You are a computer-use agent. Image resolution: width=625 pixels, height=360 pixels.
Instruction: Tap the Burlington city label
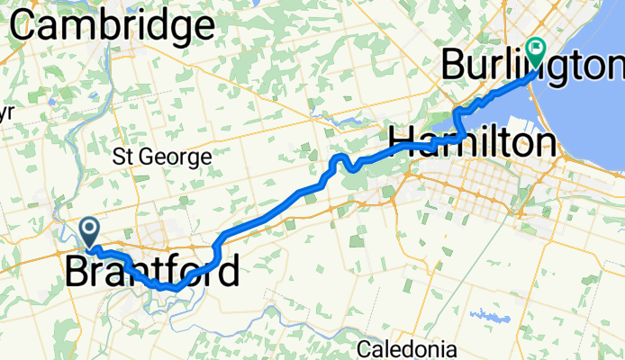[531, 65]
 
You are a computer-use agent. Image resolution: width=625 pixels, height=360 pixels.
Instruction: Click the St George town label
[162, 157]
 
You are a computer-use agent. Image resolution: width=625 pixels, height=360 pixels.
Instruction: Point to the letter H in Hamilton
[400, 142]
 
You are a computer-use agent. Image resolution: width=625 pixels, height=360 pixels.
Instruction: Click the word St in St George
[123, 157]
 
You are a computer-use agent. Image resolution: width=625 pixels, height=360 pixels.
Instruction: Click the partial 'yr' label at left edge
[7, 114]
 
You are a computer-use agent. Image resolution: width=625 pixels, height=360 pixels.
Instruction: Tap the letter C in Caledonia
[364, 348]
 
